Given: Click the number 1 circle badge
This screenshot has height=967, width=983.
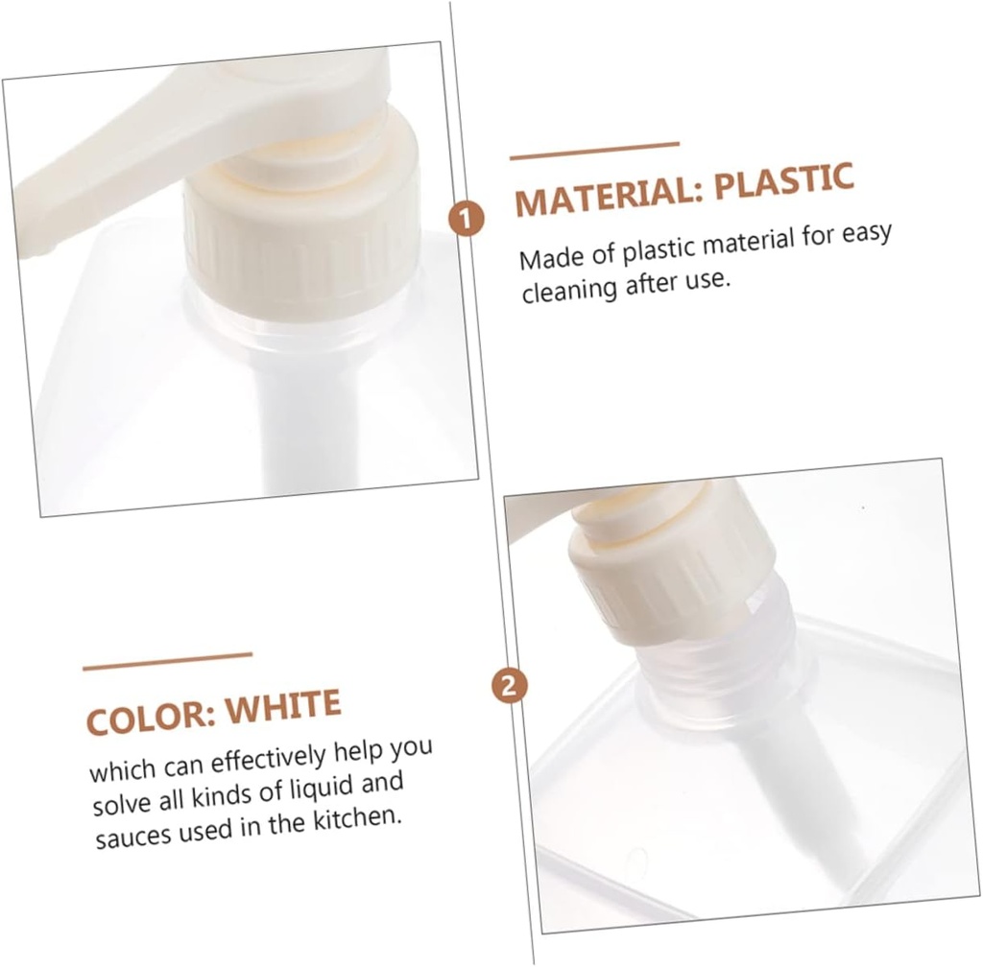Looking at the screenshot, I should click(467, 220).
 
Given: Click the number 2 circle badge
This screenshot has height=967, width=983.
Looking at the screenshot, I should click(510, 685).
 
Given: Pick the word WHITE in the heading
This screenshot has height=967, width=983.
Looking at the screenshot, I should click(283, 708).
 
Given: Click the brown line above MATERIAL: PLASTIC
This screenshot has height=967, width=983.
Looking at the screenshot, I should click(594, 151).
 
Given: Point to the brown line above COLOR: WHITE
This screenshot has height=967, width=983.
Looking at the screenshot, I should click(167, 661).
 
